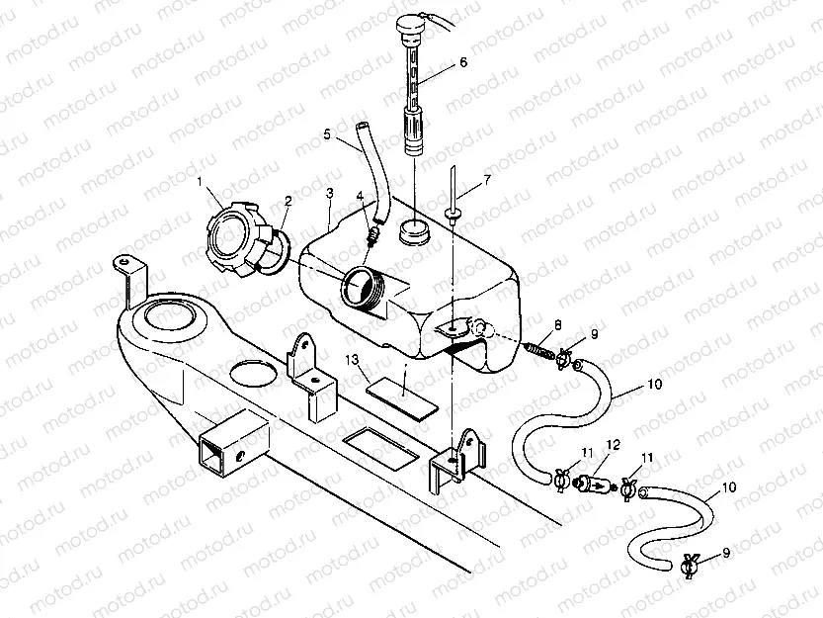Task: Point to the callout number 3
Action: [329, 192]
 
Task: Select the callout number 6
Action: [462, 62]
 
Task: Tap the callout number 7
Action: [486, 180]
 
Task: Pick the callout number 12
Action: [613, 446]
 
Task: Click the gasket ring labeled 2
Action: [275, 252]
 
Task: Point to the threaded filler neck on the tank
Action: [363, 289]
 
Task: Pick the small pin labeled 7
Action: [451, 198]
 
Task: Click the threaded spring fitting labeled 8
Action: [540, 348]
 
